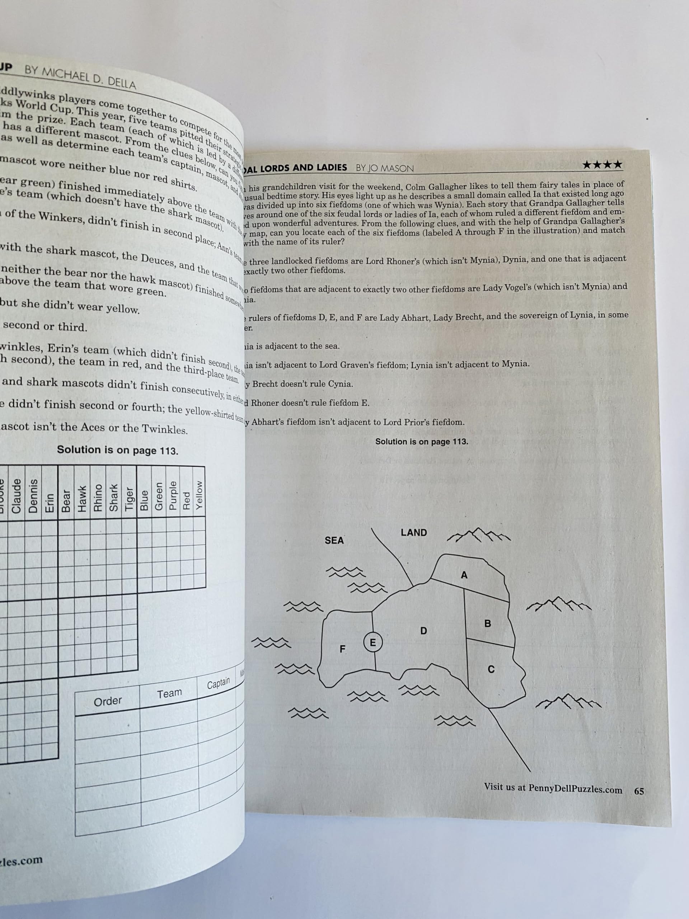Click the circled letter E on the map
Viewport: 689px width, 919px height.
tap(372, 643)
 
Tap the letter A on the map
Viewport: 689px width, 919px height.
tap(464, 575)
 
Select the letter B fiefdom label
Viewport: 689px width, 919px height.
tap(488, 623)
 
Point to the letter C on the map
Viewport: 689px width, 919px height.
tap(491, 669)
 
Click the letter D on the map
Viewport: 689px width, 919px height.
tap(423, 631)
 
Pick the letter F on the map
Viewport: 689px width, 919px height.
tap(342, 649)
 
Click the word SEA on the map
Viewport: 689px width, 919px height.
tap(334, 540)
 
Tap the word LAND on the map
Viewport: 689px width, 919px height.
tap(414, 533)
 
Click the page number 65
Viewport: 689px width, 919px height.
tap(639, 791)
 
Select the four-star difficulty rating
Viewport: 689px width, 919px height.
tap(602, 164)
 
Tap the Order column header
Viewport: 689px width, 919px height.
tap(108, 701)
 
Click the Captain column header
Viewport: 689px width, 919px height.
tap(218, 683)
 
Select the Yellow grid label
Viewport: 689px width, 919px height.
tap(200, 495)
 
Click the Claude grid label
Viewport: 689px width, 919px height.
tap(17, 496)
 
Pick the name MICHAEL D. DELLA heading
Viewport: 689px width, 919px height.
tap(80, 77)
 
